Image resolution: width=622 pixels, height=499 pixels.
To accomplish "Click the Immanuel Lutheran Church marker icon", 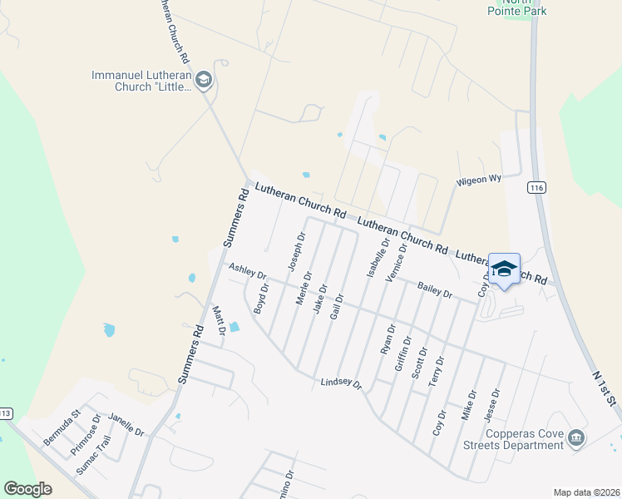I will point(205,80).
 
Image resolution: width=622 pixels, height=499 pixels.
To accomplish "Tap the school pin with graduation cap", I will point(504,269).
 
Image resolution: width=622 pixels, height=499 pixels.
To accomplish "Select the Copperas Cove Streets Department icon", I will point(576,438).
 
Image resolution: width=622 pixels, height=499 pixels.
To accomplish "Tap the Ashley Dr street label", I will point(248,272).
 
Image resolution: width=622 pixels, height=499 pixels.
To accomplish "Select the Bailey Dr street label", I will point(435,289).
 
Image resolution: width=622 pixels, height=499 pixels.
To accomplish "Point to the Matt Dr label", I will point(220,320).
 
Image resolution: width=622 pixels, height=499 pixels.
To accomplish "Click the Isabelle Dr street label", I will point(373,259).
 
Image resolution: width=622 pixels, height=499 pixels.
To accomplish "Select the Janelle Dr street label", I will point(126,426).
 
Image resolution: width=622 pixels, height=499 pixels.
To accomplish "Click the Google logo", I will point(27,489).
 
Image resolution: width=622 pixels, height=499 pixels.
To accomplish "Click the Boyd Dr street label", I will point(262,299).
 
